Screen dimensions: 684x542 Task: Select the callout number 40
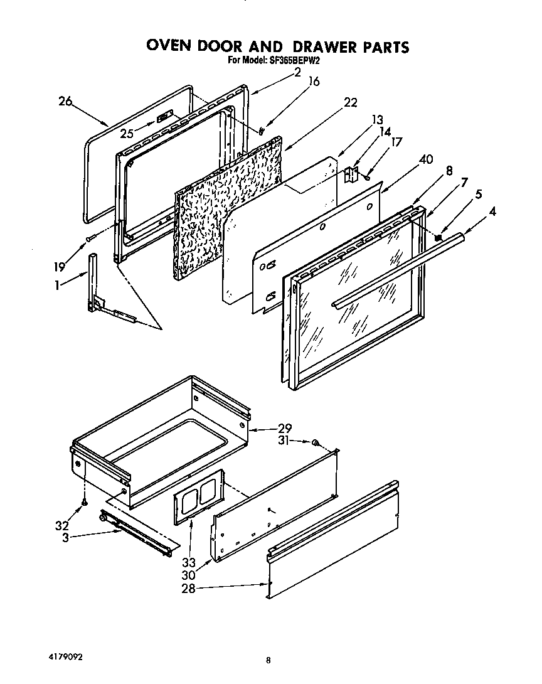click(x=425, y=159)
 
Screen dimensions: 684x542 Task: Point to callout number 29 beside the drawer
click(x=285, y=429)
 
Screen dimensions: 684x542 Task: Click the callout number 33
click(x=189, y=562)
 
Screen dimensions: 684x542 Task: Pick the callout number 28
click(x=188, y=588)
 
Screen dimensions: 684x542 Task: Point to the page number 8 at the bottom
click(x=268, y=660)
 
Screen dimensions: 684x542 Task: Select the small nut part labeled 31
click(x=316, y=444)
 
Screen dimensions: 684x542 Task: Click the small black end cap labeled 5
click(x=438, y=238)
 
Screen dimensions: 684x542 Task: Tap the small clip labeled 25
click(x=164, y=117)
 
